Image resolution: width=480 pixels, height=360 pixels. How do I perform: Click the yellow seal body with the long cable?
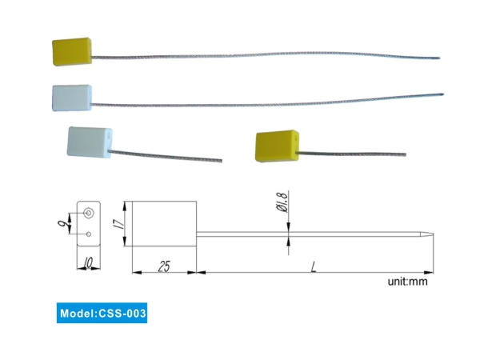pyautogui.click(x=72, y=51)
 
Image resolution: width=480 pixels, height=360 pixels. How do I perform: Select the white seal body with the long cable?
pyautogui.click(x=73, y=97)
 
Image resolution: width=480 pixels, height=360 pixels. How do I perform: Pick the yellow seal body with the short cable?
pyautogui.click(x=275, y=146)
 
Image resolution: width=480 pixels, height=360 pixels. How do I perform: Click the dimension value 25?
pyautogui.click(x=163, y=266)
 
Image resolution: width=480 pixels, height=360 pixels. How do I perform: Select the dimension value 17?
pyautogui.click(x=119, y=226)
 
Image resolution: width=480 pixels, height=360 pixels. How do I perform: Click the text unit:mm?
pyautogui.click(x=409, y=282)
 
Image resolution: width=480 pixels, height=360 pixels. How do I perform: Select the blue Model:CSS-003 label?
pyautogui.click(x=103, y=313)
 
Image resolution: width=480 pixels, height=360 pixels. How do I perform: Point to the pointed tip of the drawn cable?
pyautogui.click(x=435, y=235)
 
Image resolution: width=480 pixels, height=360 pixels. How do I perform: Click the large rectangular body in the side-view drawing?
pyautogui.click(x=164, y=225)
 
